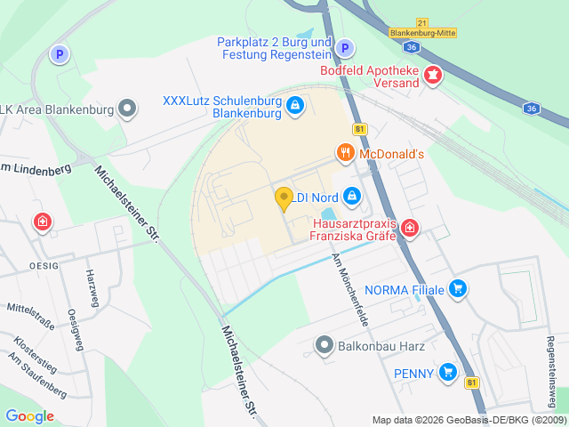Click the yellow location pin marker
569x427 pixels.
tap(284, 198)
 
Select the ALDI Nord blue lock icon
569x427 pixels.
tap(352, 195)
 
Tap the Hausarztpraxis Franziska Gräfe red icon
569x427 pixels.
tap(409, 230)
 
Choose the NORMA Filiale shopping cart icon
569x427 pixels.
tap(458, 288)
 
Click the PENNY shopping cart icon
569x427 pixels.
tap(448, 374)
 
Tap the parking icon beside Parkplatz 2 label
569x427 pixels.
tap(346, 48)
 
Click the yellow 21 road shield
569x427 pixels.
tap(422, 21)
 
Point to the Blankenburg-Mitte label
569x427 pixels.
tap(423, 33)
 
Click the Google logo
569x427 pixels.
tap(29, 415)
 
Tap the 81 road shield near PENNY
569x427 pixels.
tap(471, 383)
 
